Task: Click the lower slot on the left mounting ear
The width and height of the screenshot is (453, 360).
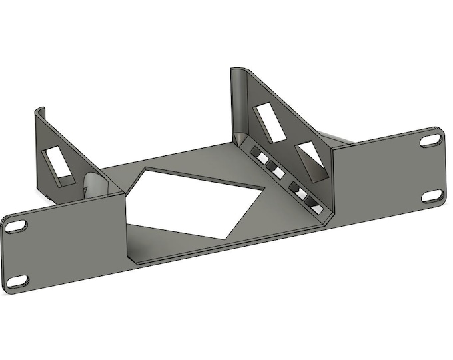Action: click(x=20, y=279)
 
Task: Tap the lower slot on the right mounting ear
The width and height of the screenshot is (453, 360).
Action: click(x=433, y=195)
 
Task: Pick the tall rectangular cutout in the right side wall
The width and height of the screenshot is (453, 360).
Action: click(x=268, y=121)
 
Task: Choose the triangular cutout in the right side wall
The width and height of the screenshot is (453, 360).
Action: click(x=312, y=163)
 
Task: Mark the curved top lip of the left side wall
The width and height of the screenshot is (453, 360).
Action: click(x=41, y=109)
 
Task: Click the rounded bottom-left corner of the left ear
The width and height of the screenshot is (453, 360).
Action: click(x=8, y=287)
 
